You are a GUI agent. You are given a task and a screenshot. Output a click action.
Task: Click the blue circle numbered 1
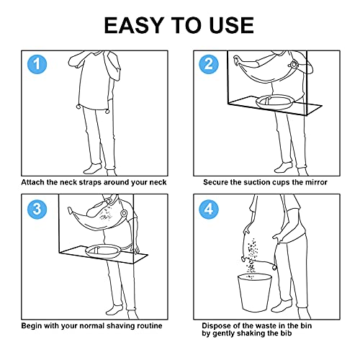pos(37,64)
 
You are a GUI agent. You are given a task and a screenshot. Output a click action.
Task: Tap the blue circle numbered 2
pos(209,64)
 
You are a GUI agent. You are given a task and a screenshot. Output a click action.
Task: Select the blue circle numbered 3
pos(37,209)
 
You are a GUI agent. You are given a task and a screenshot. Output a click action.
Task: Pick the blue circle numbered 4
pos(209,209)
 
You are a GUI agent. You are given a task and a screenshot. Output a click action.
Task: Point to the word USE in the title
pos(232,25)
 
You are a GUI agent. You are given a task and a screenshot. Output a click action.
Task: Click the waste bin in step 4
pos(255,292)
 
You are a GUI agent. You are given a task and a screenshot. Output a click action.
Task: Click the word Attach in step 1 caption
pos(33,182)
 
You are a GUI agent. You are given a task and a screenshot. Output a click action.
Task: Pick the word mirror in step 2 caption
pos(316,182)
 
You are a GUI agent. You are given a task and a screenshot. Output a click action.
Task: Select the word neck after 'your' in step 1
pos(158,182)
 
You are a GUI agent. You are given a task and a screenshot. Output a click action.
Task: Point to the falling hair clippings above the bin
pos(251,257)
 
